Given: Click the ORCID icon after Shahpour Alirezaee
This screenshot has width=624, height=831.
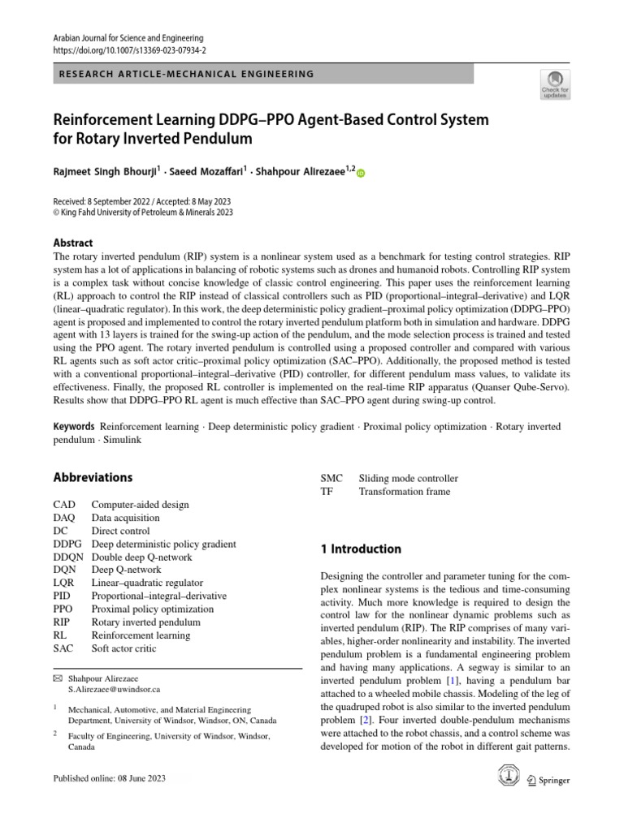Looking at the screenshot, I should click(x=362, y=173).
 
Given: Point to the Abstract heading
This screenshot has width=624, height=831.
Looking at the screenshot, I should click(x=73, y=243).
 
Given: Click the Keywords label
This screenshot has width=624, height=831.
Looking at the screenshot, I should click(x=74, y=426).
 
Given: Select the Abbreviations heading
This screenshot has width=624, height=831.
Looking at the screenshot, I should click(x=93, y=477).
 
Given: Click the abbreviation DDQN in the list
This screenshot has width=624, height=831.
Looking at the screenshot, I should click(x=67, y=558).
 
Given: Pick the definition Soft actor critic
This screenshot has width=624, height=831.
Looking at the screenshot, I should click(x=124, y=648).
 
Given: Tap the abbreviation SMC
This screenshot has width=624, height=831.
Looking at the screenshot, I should click(x=332, y=478).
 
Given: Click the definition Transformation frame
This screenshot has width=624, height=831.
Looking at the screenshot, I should click(x=404, y=491).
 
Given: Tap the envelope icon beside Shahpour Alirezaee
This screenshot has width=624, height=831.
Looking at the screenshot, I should click(x=58, y=675).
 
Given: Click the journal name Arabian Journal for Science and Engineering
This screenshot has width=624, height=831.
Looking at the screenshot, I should click(x=128, y=37).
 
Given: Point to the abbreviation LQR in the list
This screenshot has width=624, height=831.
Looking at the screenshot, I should click(x=64, y=583).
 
